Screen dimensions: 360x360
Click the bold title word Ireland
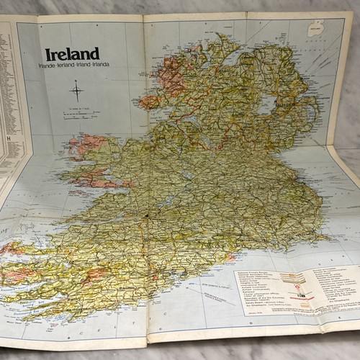[x=72, y=54]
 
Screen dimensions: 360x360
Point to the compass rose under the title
[x=76, y=91]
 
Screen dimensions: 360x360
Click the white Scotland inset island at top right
[x=315, y=30]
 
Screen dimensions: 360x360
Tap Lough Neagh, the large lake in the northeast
[x=269, y=106]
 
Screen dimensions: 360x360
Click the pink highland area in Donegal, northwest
[x=171, y=76]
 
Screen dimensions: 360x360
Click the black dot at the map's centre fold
[x=146, y=214]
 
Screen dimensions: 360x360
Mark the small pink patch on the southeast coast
[x=230, y=257]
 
